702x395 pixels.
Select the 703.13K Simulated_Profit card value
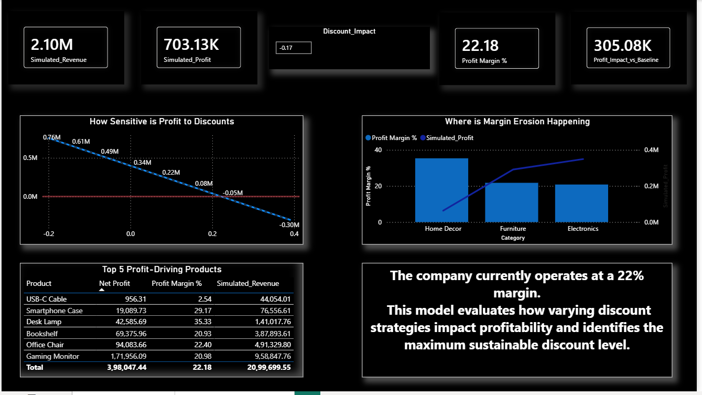[x=191, y=45]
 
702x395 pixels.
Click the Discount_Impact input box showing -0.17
[x=294, y=48]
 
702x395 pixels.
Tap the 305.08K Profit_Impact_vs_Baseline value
[x=622, y=46]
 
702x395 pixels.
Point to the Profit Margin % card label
[x=484, y=61]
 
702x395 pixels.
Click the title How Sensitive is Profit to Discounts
[x=161, y=122]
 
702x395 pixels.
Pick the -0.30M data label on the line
[x=289, y=225]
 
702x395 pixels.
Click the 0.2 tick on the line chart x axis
[x=212, y=234]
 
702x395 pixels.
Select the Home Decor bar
[x=441, y=190]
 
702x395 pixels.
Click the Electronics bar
[x=581, y=203]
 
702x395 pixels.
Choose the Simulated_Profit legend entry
[x=449, y=138]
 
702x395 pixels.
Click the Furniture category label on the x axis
[x=513, y=229]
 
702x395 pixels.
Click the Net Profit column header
[x=114, y=283]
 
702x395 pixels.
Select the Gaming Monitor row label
[x=52, y=356]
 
